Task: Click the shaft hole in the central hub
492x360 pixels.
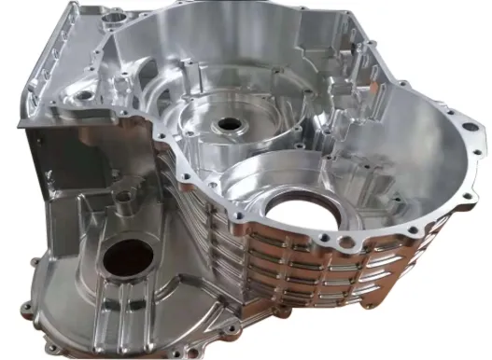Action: (x=227, y=124)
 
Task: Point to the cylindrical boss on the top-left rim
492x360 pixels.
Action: (x=116, y=16)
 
